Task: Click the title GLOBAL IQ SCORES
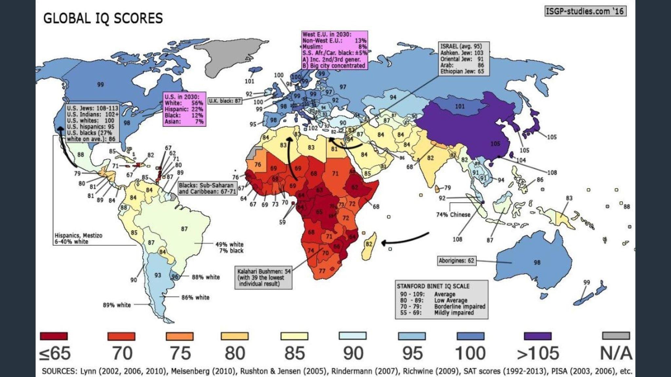(x=103, y=18)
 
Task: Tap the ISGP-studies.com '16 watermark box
(x=585, y=11)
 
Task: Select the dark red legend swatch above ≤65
(x=54, y=336)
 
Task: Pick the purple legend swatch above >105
(x=537, y=336)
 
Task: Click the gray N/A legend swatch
(x=616, y=336)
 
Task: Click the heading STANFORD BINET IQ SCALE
(x=433, y=286)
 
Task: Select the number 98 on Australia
(x=537, y=262)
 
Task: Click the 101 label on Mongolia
(x=460, y=106)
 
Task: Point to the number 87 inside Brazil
(x=184, y=229)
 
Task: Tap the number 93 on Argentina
(x=158, y=275)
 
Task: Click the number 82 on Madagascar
(x=369, y=244)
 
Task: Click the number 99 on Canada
(x=100, y=84)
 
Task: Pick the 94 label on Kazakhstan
(x=393, y=97)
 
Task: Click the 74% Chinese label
(x=453, y=215)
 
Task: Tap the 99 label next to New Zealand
(x=586, y=282)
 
